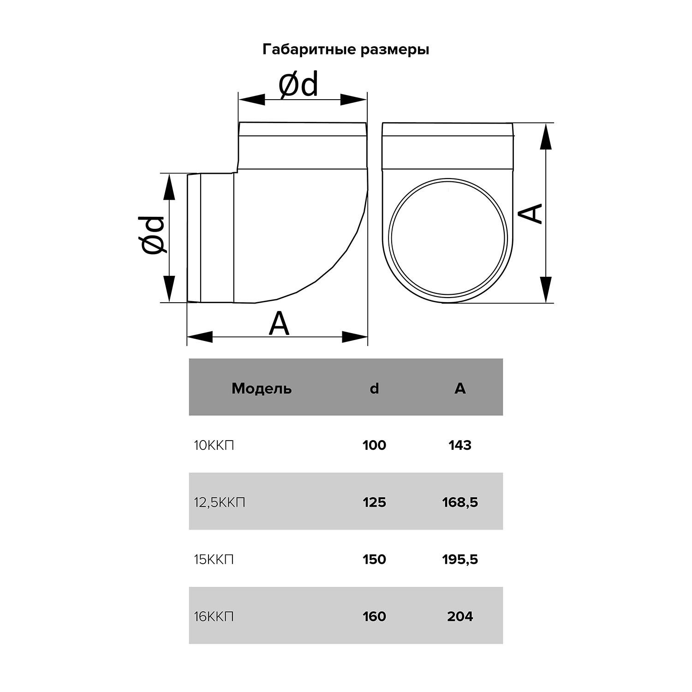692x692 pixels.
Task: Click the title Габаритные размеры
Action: coord(346,49)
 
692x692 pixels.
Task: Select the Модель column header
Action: coord(262,388)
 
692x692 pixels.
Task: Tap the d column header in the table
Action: coord(374,388)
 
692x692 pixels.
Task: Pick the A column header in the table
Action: coord(460,388)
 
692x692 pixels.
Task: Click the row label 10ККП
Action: coord(214,446)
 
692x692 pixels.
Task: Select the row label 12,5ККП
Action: coord(220,502)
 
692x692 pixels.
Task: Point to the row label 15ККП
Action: coord(214,560)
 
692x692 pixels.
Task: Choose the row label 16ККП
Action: coord(214,616)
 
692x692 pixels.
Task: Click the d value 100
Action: coord(374,445)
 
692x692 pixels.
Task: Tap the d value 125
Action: coord(374,502)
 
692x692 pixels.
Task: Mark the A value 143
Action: coord(460,445)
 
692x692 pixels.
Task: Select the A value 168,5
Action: coord(460,502)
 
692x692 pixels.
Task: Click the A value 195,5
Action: coord(460,560)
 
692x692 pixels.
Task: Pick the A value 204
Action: coord(460,616)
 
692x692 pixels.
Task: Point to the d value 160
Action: coord(374,616)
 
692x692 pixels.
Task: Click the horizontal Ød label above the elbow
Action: coord(298,85)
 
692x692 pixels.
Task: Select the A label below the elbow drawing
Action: coord(279,324)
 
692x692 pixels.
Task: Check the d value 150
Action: coord(374,560)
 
